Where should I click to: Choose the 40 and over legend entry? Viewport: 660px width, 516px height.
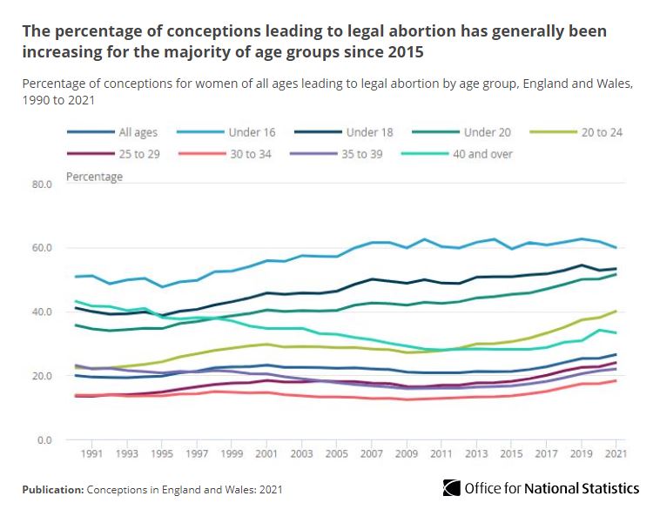[x=483, y=154]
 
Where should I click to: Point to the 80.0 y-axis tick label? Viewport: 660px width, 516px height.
[x=44, y=184]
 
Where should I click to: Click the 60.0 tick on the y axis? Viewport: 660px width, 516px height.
[x=44, y=248]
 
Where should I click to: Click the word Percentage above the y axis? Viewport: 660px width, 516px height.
[x=95, y=177]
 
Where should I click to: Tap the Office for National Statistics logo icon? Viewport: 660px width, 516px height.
[x=451, y=488]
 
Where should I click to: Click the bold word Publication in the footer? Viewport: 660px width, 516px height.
[x=52, y=490]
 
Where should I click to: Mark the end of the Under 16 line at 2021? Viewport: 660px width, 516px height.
[x=616, y=248]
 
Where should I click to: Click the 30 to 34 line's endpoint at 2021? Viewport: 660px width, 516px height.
[x=616, y=380]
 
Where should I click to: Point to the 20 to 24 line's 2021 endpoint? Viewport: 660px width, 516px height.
[x=616, y=311]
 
